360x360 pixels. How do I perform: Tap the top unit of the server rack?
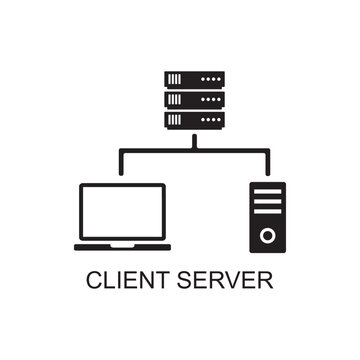(195, 78)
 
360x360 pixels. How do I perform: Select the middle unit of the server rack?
(195, 99)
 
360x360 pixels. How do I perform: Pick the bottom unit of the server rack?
(195, 120)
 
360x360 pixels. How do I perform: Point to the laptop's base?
(122, 246)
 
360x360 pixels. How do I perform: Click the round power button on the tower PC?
(267, 235)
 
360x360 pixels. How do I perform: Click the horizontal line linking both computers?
(194, 151)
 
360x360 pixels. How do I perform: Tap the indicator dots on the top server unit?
(211, 78)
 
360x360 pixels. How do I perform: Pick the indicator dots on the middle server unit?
(211, 99)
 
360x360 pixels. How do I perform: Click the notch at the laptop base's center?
(122, 243)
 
